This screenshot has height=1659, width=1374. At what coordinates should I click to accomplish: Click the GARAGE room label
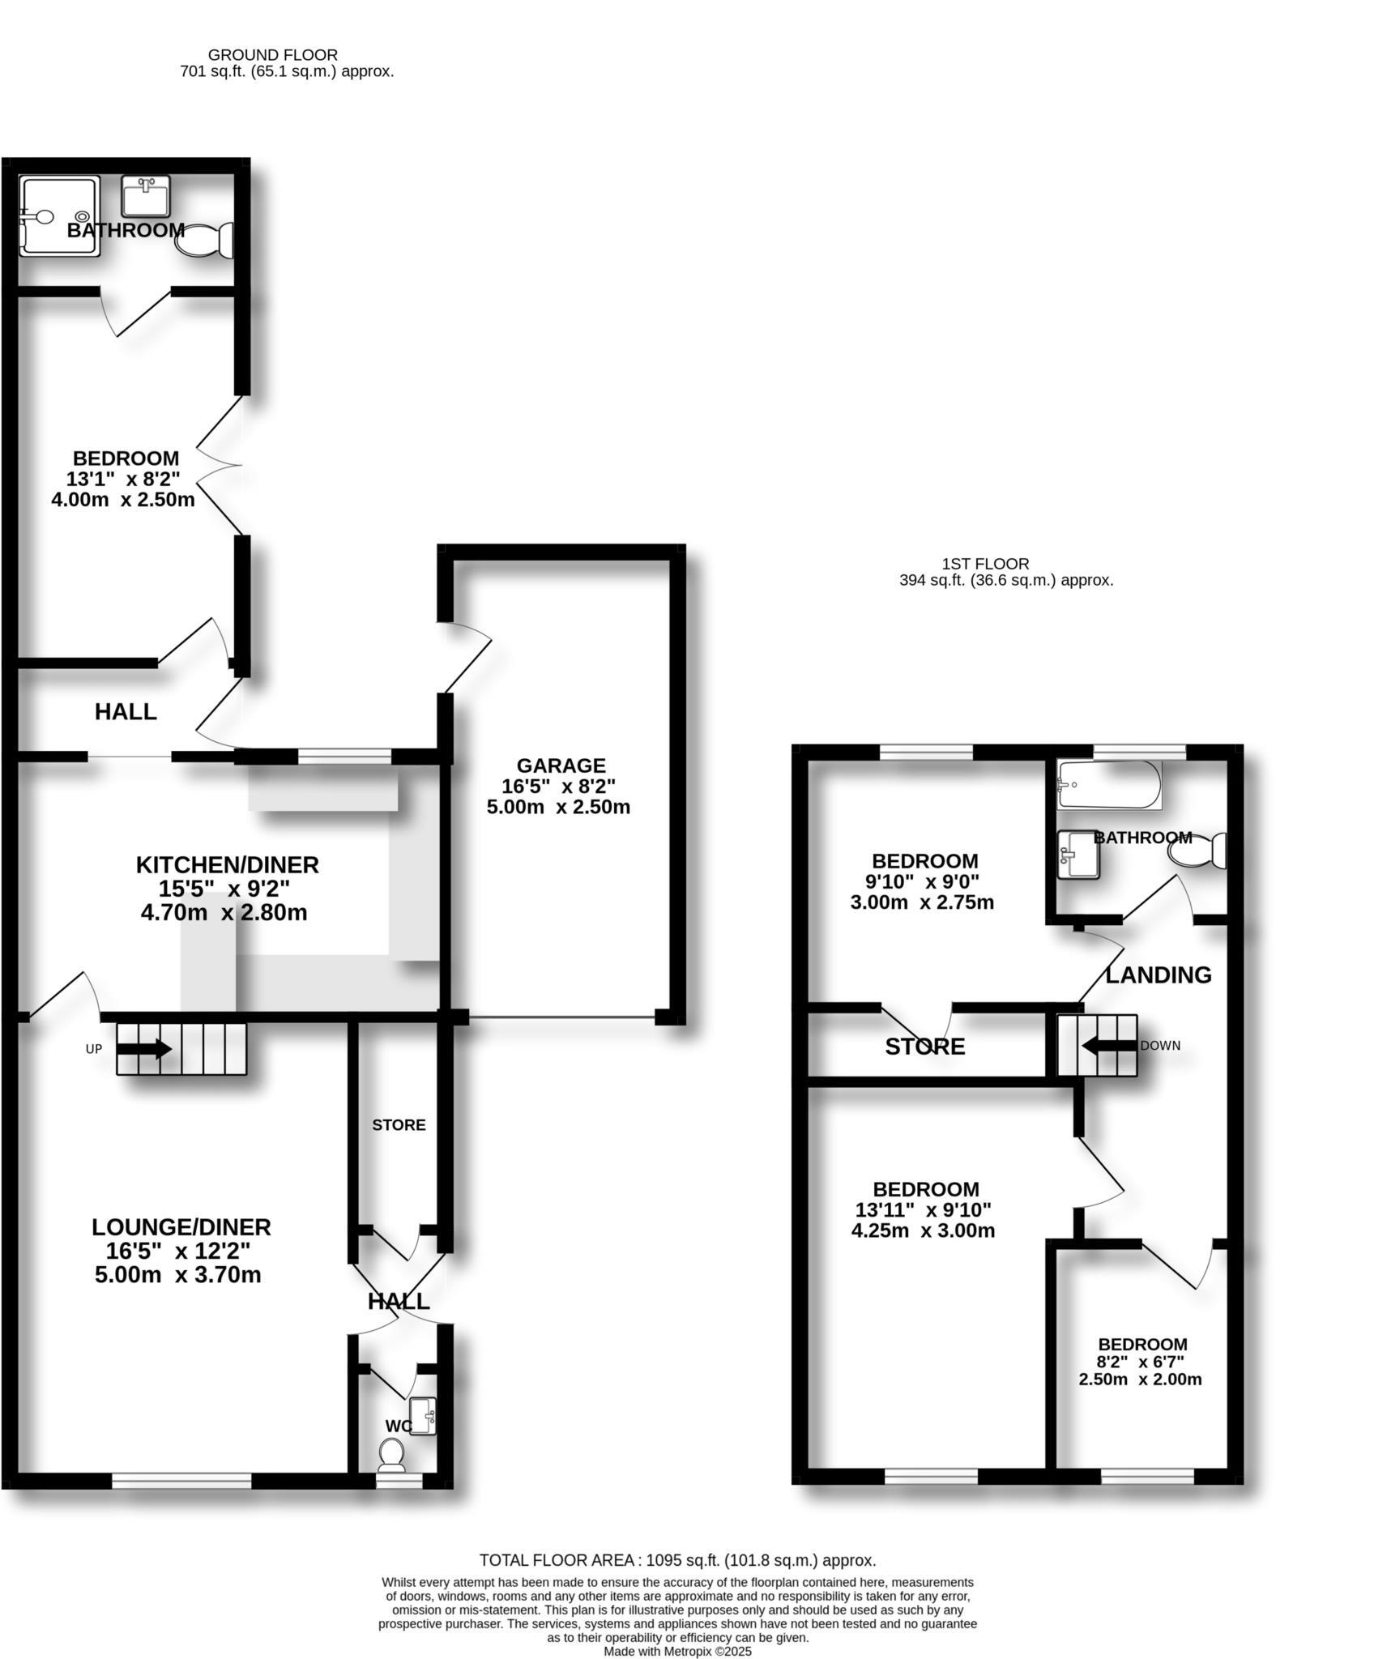click(x=561, y=766)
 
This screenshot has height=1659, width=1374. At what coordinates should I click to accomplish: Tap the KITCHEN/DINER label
click(x=227, y=865)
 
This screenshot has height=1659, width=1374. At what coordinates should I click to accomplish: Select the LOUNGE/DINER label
click(x=181, y=1227)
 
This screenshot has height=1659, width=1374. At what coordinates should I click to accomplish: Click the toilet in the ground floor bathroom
click(x=205, y=240)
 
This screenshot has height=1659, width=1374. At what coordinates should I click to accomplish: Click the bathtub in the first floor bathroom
click(x=1109, y=784)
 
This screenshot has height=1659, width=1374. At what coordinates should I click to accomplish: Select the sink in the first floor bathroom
click(x=1078, y=854)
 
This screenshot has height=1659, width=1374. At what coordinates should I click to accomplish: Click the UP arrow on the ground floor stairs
click(x=144, y=1049)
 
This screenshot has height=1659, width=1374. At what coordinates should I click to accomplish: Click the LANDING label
click(x=1159, y=975)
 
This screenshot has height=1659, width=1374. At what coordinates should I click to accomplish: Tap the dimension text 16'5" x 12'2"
click(x=177, y=1252)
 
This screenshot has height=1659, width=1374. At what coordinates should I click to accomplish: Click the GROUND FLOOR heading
click(x=273, y=55)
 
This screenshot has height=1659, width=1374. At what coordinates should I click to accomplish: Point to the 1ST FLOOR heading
click(x=985, y=564)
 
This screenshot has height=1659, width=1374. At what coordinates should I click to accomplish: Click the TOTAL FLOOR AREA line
click(x=677, y=1560)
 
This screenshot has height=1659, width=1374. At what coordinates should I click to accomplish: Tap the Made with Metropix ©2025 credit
click(x=678, y=1651)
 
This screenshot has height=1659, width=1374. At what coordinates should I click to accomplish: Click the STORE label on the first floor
click(x=924, y=1047)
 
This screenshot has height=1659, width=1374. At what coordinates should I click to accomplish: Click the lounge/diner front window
click(x=181, y=1481)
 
